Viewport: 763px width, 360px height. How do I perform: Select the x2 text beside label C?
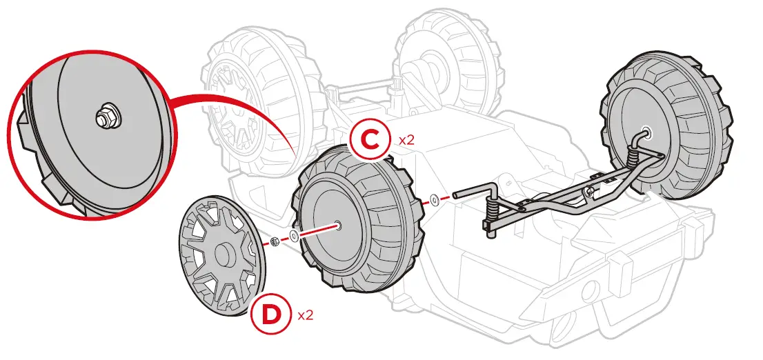(406, 139)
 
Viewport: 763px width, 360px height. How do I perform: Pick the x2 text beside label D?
(306, 315)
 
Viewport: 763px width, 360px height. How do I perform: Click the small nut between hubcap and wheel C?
(274, 241)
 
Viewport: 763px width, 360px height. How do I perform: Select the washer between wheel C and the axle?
(434, 200)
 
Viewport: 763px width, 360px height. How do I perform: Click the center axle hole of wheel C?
(336, 224)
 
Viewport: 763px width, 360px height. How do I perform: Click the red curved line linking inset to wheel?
(235, 105)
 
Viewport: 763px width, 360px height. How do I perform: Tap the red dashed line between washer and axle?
(446, 198)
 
